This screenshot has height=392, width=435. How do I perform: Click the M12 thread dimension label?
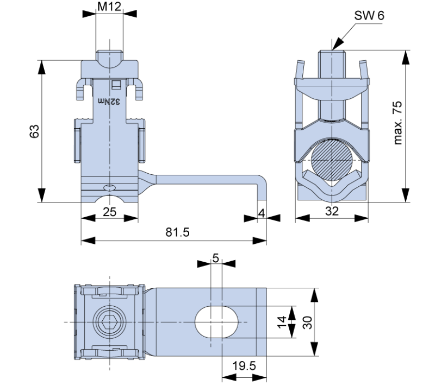click(x=109, y=7)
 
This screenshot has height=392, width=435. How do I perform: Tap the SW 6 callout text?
click(x=369, y=16)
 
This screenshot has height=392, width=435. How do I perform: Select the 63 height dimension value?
click(x=34, y=131)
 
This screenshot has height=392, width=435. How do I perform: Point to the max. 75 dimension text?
click(x=398, y=123)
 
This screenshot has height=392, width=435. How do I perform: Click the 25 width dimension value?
click(x=110, y=212)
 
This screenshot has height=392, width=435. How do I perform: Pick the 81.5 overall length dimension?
click(x=178, y=232)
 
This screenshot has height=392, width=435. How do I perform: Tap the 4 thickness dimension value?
click(x=262, y=213)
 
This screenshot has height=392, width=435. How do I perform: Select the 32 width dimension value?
click(x=332, y=211)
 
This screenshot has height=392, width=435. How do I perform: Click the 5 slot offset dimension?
click(x=215, y=258)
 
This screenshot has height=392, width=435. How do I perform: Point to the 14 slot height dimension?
click(x=282, y=322)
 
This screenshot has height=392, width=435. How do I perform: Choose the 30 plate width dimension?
click(x=307, y=323)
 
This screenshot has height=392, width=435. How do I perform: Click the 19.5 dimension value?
click(x=244, y=366)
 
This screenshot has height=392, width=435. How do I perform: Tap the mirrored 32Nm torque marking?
click(x=109, y=102)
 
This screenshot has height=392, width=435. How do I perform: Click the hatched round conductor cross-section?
click(x=332, y=159)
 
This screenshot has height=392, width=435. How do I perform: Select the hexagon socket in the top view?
click(x=110, y=322)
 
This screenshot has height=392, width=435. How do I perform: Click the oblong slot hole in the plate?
click(x=216, y=322)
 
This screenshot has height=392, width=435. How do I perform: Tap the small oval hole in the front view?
click(x=110, y=188)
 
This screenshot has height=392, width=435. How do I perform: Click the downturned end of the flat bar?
click(x=262, y=188)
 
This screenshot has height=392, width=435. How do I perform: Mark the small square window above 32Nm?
click(x=116, y=85)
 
